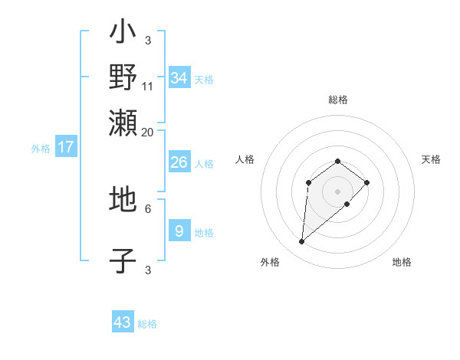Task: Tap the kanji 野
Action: (123, 77)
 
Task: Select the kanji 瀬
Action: (123, 121)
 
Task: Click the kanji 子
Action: (123, 260)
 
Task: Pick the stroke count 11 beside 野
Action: (148, 86)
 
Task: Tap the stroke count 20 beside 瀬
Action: (148, 131)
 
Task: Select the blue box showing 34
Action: (179, 78)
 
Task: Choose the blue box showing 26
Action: (179, 162)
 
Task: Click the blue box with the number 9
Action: (179, 231)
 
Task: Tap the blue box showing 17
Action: (66, 147)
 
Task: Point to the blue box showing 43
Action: (123, 322)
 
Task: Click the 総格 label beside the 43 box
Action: (147, 324)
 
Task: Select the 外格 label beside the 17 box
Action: (41, 149)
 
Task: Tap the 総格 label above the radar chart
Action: (337, 100)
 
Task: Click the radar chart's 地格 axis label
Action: (402, 262)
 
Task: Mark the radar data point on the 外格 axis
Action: (302, 242)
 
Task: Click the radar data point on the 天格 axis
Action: (367, 182)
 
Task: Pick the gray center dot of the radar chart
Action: (337, 190)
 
